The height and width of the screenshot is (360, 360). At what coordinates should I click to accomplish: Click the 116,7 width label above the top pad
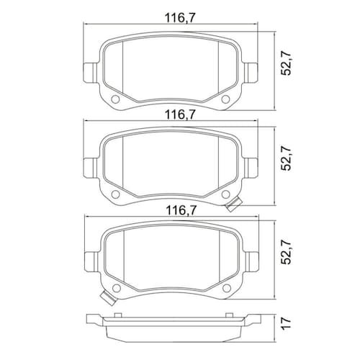click(180, 19)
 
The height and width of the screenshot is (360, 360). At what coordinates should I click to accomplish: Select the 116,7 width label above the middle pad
click(180, 115)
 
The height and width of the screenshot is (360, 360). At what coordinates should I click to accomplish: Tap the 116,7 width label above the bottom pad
click(181, 211)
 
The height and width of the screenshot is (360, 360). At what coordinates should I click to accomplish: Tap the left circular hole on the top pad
click(115, 99)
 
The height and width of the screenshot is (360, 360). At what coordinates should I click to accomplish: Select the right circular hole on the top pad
click(225, 99)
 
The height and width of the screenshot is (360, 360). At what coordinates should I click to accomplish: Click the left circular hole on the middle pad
click(115, 194)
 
